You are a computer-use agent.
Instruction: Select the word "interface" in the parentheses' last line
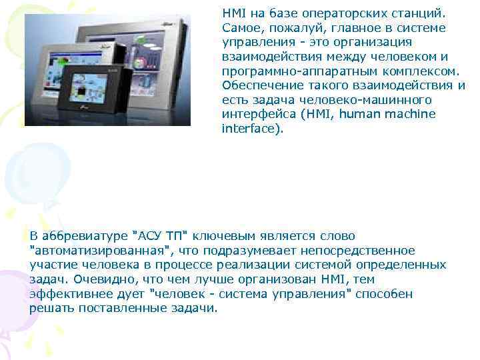[247, 129]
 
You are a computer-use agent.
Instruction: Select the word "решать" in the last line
[52, 308]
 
